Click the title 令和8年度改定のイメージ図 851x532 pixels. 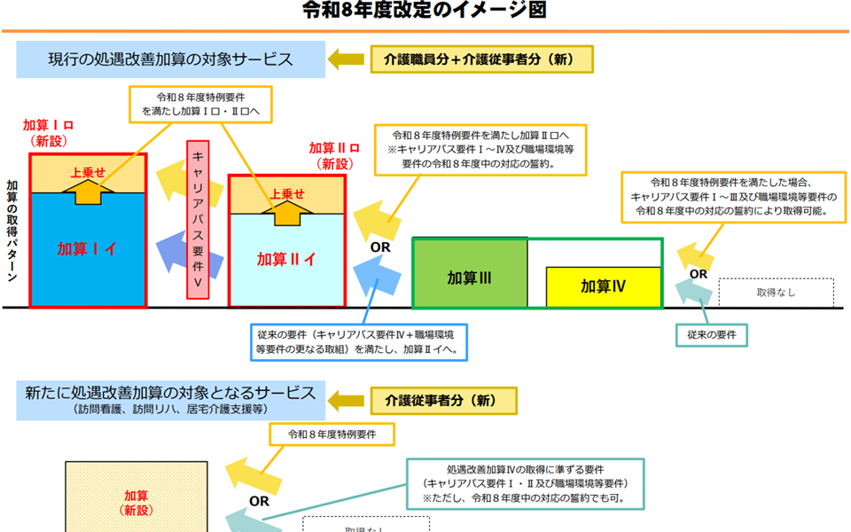point(425,11)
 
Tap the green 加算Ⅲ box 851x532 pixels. point(470,278)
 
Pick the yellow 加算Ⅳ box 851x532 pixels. point(604,286)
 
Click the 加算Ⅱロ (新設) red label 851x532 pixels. point(334,155)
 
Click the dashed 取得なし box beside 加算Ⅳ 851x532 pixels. point(776,292)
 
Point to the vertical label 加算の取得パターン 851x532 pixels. point(12,231)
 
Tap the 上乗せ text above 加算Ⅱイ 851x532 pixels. point(286,194)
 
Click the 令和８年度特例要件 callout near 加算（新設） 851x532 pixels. point(332,434)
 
